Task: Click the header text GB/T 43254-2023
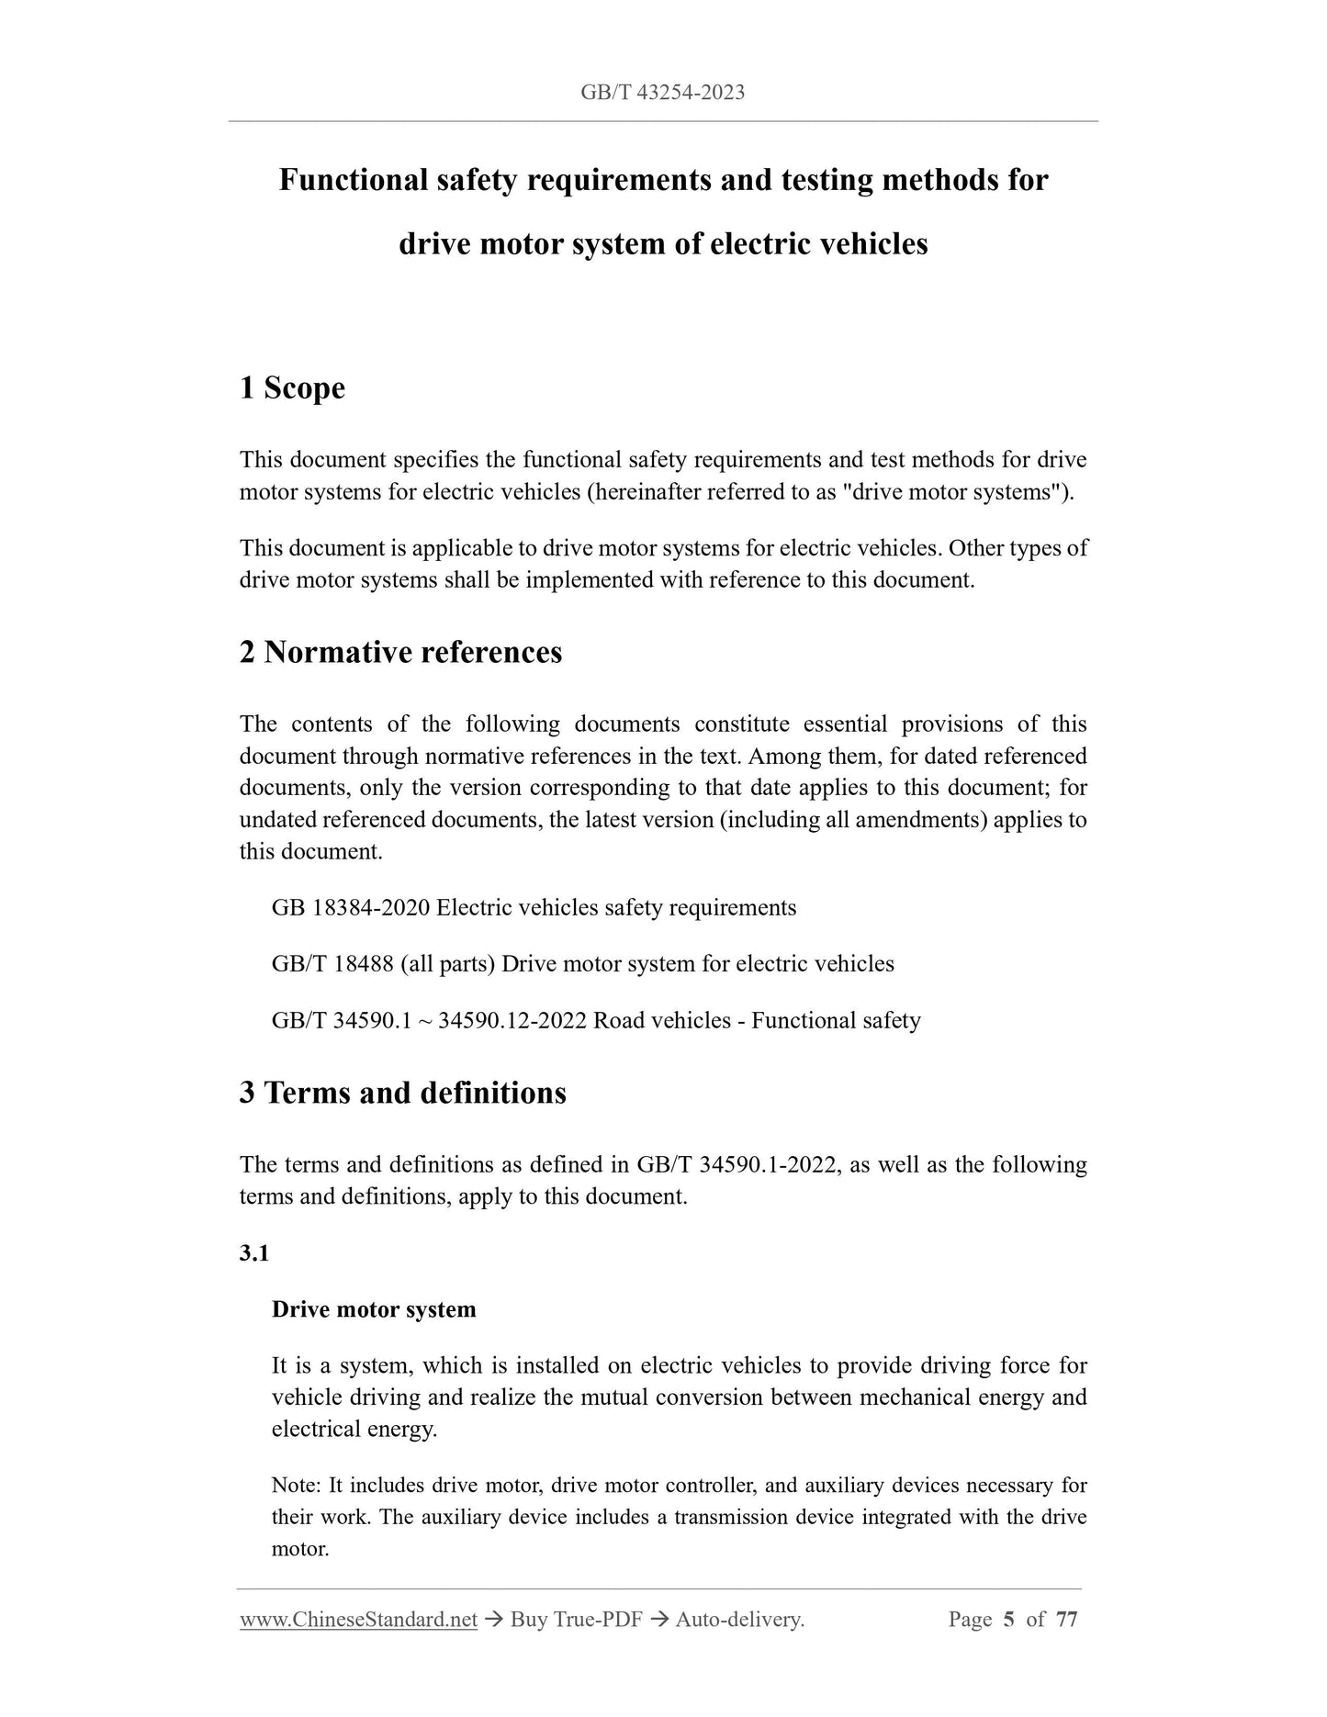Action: pos(662,92)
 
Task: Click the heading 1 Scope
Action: pos(292,388)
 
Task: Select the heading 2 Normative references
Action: pos(400,653)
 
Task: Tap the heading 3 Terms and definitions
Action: pos(402,1094)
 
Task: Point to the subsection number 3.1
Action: pos(254,1253)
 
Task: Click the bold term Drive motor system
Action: pos(374,1309)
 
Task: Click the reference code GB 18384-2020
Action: pos(351,908)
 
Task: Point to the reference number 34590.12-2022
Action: pos(512,1021)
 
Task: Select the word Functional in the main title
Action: pos(354,180)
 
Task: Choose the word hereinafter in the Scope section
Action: pos(651,492)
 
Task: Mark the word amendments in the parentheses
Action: pos(920,820)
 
